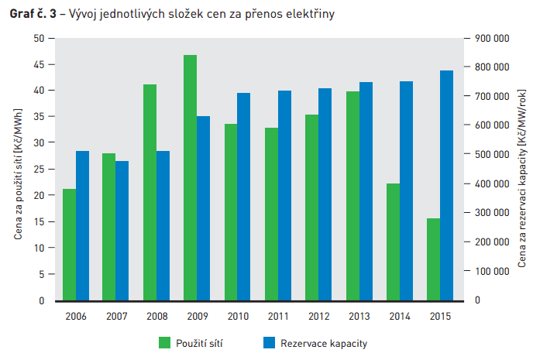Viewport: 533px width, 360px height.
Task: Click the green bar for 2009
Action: point(190,177)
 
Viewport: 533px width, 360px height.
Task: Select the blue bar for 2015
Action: point(446,185)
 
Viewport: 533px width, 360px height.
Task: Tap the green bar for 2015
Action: point(433,259)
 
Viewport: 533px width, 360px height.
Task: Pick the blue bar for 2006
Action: point(82,225)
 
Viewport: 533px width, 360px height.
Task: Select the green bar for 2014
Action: point(393,242)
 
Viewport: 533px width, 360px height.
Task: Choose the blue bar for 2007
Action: point(122,230)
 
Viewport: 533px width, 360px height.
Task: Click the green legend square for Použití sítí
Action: point(164,342)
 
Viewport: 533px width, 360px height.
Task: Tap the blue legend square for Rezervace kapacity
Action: point(270,342)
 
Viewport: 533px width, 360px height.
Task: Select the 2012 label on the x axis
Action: point(318,316)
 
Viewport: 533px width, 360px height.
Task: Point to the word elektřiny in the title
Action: point(310,14)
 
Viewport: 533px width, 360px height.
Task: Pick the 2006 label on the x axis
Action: point(76,316)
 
